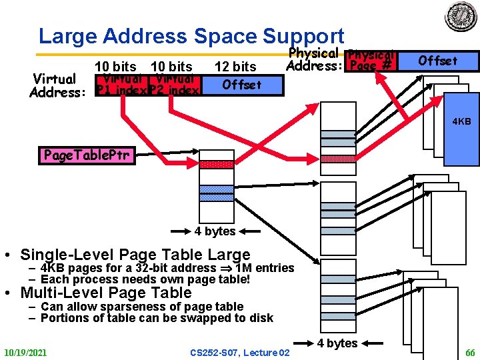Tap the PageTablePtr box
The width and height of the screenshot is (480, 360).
tap(88, 156)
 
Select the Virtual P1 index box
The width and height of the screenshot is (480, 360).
tap(121, 85)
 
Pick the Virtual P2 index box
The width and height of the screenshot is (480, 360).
tap(175, 85)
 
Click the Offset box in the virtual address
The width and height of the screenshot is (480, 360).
tap(242, 85)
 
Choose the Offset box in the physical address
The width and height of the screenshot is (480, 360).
tap(437, 61)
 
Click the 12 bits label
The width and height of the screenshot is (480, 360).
tap(235, 67)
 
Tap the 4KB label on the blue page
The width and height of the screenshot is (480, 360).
tap(461, 122)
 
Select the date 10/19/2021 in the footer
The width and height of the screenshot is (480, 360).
tap(25, 352)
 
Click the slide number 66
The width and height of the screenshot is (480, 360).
tap(469, 352)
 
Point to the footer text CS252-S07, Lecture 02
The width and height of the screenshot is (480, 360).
tap(240, 352)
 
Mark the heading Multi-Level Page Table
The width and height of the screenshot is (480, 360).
tap(106, 293)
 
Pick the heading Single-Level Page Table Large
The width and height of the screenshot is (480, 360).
tap(135, 255)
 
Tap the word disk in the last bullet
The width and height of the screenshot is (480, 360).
tap(261, 318)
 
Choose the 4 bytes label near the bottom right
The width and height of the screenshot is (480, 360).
tap(337, 343)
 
